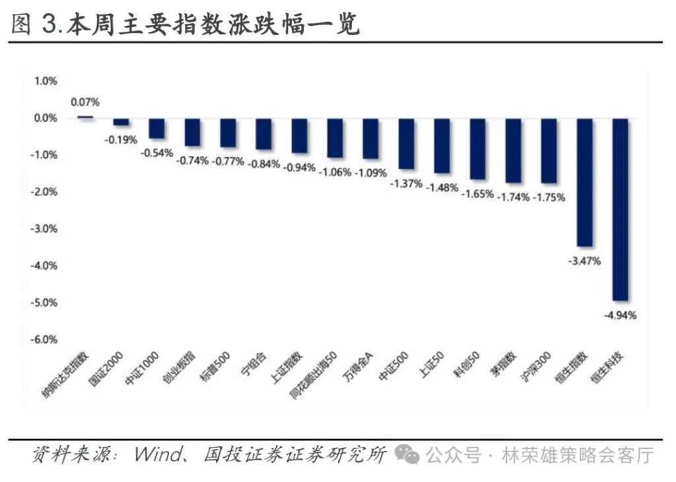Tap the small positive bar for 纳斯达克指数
click(85, 116)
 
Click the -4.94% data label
click(621, 315)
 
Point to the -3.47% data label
click(584, 261)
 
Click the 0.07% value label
click(85, 102)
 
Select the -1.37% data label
click(405, 184)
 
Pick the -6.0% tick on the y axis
click(46, 339)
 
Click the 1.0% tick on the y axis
click(46, 81)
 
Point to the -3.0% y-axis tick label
click(46, 228)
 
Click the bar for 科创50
click(477, 149)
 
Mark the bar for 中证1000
click(156, 128)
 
